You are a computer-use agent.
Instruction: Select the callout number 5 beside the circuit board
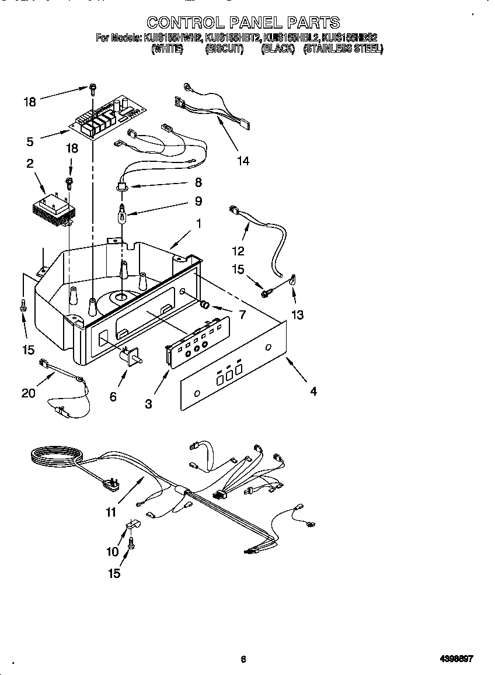[30, 141]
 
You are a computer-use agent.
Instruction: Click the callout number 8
[198, 182]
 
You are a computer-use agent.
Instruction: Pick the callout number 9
[198, 201]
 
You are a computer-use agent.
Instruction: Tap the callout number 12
[238, 251]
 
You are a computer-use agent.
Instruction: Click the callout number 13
[298, 315]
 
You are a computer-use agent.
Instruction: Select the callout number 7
[241, 314]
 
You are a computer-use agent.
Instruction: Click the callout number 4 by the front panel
[313, 392]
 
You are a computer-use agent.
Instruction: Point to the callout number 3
[149, 403]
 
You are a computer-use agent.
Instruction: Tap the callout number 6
[113, 397]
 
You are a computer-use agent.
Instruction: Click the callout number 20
[28, 393]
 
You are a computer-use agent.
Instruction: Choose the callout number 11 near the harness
[111, 513]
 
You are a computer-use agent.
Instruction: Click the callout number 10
[112, 551]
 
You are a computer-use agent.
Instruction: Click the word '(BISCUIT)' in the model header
[224, 50]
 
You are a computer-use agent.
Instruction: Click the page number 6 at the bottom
[243, 659]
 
